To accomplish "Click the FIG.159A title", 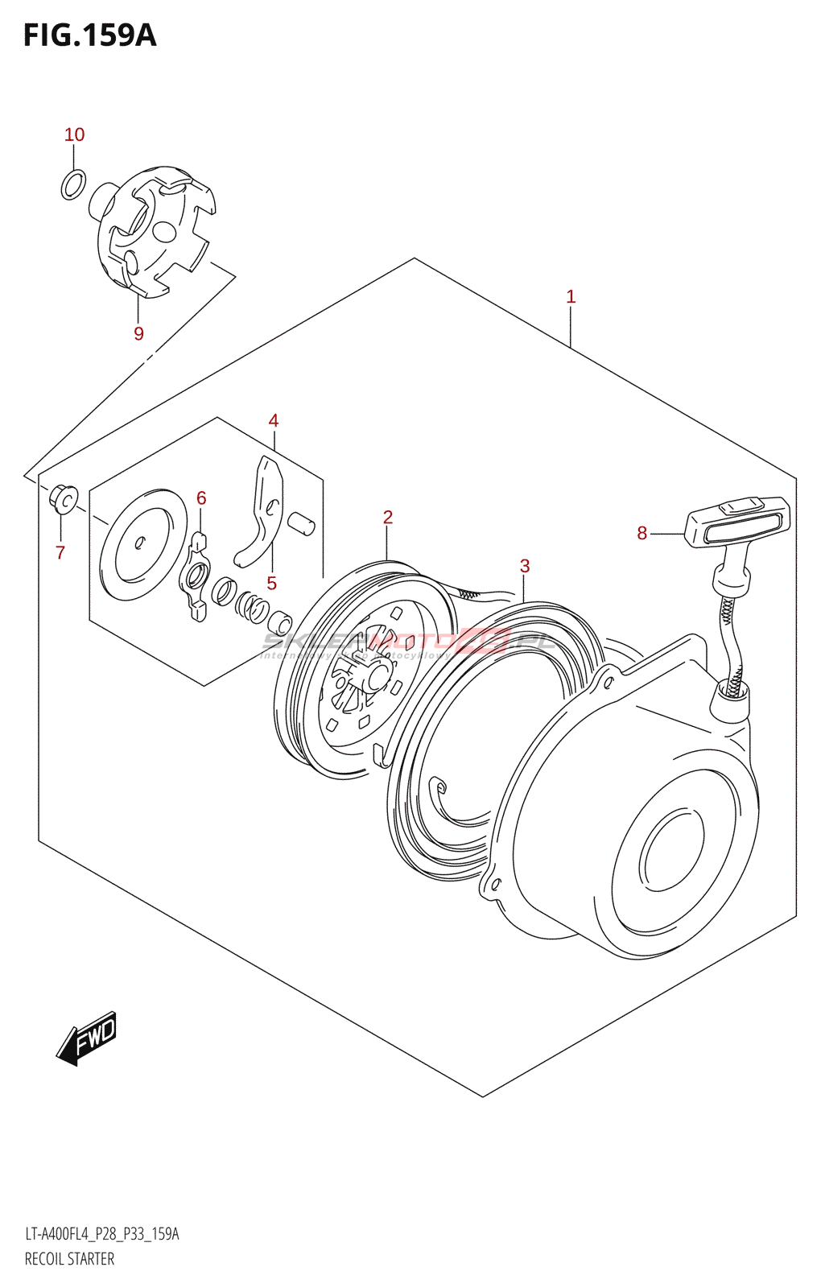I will click(x=89, y=35).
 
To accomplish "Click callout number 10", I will click(x=74, y=135).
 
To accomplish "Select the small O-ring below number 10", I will click(x=73, y=184).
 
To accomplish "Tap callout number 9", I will click(x=138, y=333).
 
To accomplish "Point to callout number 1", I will click(x=571, y=297).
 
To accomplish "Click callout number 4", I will click(x=274, y=420).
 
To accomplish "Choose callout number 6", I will click(x=201, y=498).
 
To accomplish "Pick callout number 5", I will click(x=272, y=583).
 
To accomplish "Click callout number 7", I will click(x=60, y=552).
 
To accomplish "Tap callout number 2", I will click(x=387, y=517).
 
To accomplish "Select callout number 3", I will click(x=525, y=566).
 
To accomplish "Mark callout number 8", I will click(x=642, y=533).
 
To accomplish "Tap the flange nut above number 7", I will click(x=64, y=499).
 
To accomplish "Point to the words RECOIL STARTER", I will click(x=69, y=1259).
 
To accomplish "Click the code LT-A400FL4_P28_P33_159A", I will click(x=101, y=1234).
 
